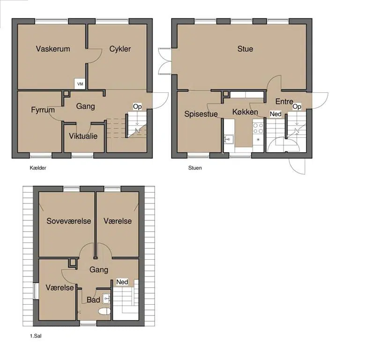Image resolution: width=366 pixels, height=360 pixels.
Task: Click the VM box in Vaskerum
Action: (x=80, y=84)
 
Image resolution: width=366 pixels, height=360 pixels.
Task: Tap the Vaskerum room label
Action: (x=53, y=49)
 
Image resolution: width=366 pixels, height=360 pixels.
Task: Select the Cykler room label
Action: (x=120, y=49)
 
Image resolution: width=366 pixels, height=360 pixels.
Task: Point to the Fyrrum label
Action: (x=43, y=110)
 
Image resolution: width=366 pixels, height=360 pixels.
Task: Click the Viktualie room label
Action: (x=83, y=136)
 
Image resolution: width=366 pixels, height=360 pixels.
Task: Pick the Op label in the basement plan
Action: (x=137, y=107)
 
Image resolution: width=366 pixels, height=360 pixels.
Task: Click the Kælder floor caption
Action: (x=38, y=168)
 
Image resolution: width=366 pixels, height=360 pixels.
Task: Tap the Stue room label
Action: (x=245, y=49)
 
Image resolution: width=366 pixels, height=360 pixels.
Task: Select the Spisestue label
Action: (x=201, y=114)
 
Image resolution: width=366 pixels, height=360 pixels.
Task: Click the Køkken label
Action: (x=245, y=112)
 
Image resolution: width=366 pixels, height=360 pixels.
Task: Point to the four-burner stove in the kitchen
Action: (x=258, y=128)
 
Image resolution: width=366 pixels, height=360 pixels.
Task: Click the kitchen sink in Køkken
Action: (x=229, y=139)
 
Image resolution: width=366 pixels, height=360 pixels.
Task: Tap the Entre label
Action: (x=284, y=101)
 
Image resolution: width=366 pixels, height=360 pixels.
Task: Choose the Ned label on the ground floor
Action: (x=276, y=114)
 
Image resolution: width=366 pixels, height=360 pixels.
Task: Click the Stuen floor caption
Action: (x=195, y=168)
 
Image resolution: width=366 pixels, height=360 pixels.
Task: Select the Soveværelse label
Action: (x=68, y=221)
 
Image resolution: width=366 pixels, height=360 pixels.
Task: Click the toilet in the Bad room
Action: (x=105, y=311)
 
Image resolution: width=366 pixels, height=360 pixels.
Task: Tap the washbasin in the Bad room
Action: (x=106, y=299)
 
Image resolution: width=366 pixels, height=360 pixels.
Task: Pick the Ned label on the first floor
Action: (x=122, y=282)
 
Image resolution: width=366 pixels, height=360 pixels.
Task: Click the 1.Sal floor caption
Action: (x=36, y=336)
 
